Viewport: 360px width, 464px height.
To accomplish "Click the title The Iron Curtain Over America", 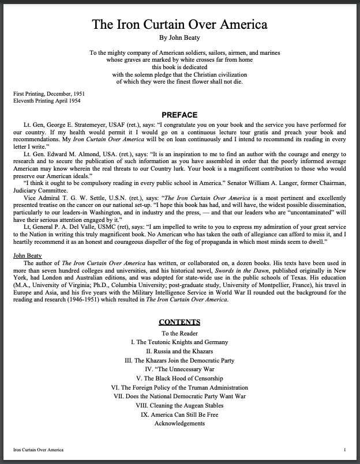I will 180,25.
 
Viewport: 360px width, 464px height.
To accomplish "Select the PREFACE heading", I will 179,115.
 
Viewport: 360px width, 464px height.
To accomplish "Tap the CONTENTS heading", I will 179,322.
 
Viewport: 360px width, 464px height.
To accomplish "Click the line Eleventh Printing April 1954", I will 46,101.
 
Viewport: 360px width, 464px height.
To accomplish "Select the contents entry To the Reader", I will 179,333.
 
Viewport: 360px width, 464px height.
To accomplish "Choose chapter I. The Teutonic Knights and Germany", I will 179,342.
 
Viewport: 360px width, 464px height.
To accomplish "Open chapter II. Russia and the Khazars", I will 179,351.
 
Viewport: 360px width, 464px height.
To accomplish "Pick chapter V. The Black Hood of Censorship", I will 179,379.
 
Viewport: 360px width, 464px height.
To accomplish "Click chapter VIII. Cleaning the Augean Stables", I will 179,406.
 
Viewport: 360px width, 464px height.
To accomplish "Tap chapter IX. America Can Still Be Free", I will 179,414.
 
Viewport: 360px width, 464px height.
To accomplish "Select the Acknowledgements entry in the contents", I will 179,424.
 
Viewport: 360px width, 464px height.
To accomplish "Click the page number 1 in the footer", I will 344,449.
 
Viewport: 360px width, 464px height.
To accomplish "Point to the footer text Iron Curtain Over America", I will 39,449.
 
